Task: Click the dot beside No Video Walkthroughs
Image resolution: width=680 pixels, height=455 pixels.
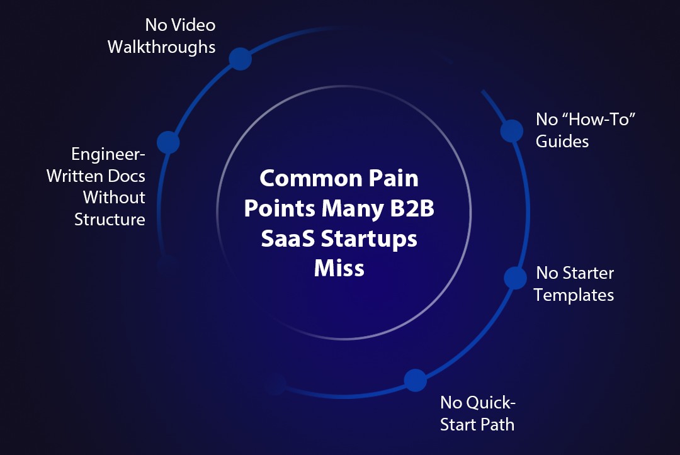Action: tap(240, 59)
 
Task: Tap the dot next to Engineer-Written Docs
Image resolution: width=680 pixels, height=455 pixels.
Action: tap(168, 143)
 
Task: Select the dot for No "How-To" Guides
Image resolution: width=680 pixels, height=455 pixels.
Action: tap(511, 130)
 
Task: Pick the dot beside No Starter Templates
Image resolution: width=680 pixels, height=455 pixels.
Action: tap(515, 278)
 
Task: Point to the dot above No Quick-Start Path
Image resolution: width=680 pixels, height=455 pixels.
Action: tap(415, 380)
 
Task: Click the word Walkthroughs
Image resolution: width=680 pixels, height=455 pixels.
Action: tap(161, 47)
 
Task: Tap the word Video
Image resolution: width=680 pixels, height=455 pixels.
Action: tap(193, 25)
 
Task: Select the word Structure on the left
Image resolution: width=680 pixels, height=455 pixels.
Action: tap(110, 220)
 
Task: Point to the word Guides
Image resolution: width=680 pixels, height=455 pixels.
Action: tap(562, 141)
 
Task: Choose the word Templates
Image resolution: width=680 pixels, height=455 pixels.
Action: tap(574, 295)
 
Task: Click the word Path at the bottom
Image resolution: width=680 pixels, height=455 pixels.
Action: tap(497, 424)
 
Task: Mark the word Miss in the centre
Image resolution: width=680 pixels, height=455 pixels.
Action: tap(339, 269)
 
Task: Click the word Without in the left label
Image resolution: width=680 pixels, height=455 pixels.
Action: tap(114, 198)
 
